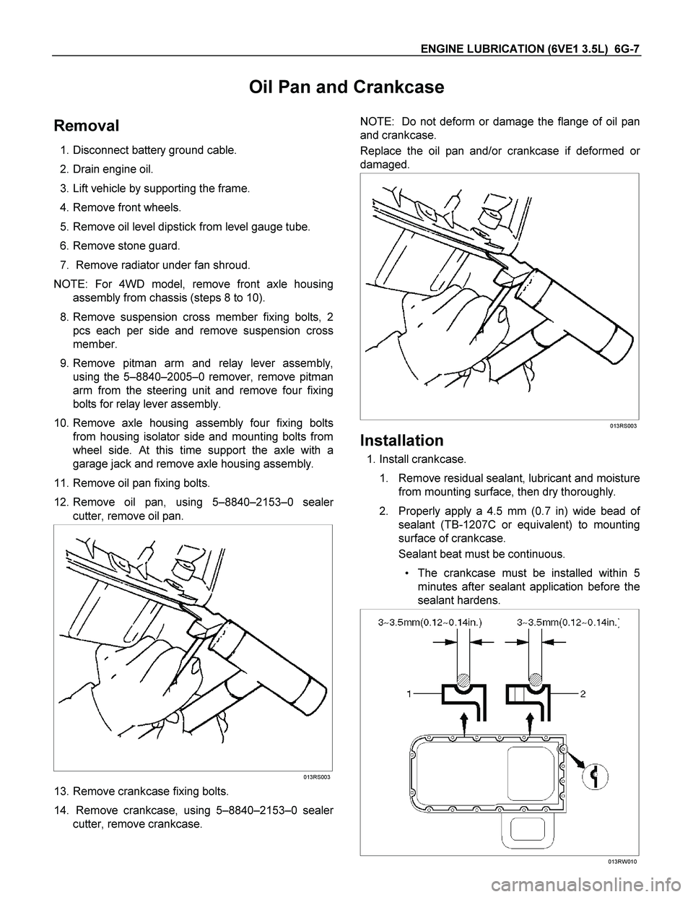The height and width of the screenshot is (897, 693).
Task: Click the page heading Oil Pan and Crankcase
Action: [x=346, y=87]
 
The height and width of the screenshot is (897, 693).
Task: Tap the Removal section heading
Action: [x=87, y=126]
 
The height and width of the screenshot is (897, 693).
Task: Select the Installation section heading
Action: [x=402, y=441]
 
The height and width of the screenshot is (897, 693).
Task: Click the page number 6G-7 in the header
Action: [x=627, y=48]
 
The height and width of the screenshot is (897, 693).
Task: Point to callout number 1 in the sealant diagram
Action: [x=409, y=694]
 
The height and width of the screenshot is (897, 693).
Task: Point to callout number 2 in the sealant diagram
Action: [x=583, y=694]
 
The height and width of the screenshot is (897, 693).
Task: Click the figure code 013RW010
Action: [x=622, y=862]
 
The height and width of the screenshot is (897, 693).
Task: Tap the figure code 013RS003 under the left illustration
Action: [x=316, y=777]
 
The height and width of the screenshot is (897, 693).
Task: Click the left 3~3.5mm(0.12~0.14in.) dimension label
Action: [x=430, y=623]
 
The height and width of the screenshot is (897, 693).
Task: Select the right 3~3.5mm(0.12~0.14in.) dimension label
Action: [x=569, y=623]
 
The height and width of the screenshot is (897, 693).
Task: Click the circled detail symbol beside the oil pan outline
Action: [x=594, y=777]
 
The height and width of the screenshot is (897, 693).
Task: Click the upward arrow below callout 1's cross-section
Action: [x=464, y=723]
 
